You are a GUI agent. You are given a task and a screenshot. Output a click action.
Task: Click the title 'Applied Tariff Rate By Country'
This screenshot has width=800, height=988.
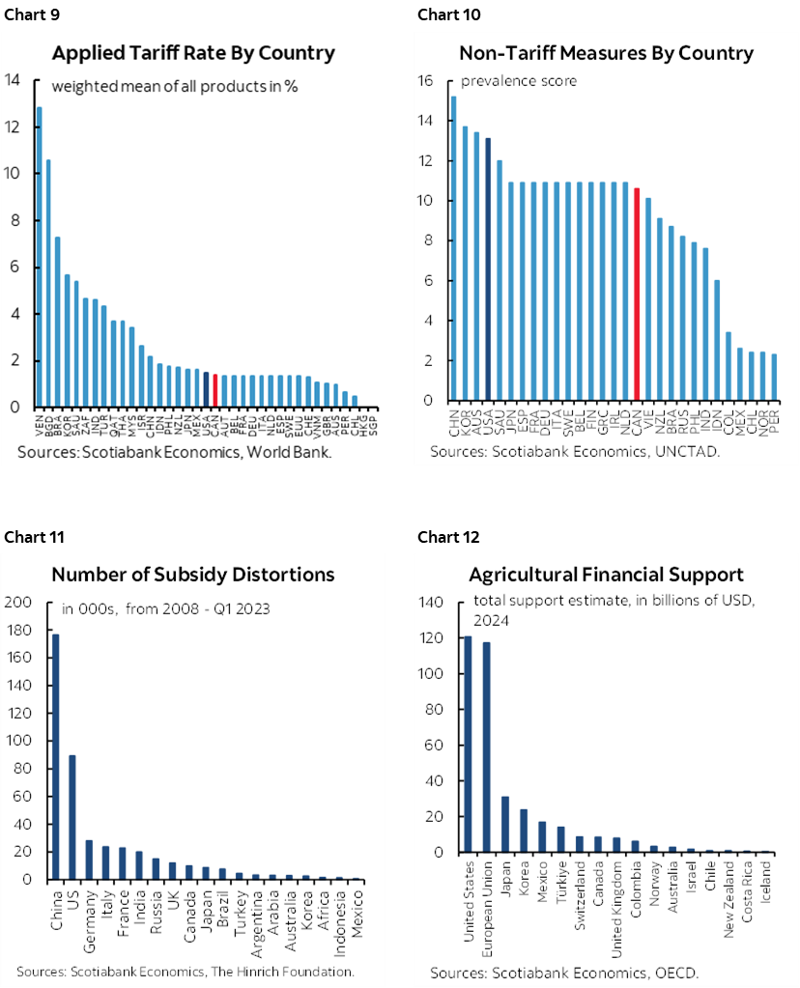pos(193,53)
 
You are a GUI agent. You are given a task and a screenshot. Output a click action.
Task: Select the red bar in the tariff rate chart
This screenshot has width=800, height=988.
pos(214,390)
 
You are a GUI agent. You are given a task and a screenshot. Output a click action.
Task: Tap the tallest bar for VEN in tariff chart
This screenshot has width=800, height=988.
pos(40,257)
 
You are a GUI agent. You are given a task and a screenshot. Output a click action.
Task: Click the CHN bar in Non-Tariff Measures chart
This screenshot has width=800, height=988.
pos(454,248)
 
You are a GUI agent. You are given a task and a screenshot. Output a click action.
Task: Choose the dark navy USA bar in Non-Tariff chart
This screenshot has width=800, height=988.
pos(488,269)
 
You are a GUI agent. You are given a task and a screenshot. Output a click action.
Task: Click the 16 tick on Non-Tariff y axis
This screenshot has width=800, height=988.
pos(424,81)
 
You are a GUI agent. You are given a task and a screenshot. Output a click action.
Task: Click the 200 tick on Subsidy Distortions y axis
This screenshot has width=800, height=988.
pos(19,603)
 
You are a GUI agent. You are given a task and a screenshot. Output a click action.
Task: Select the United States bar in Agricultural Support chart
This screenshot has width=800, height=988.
pos(468,744)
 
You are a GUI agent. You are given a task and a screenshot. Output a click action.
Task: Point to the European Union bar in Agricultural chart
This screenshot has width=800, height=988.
pos(486,747)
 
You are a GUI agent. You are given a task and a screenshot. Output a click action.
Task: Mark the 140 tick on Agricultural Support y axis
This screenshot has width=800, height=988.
pos(434,603)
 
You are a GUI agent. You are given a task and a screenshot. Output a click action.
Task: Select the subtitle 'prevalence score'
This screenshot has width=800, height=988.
pos(518,81)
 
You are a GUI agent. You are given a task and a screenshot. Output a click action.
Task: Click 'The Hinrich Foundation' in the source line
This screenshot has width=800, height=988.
pos(281,971)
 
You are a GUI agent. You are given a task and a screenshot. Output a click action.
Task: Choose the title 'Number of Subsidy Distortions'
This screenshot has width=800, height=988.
pos(193,575)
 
